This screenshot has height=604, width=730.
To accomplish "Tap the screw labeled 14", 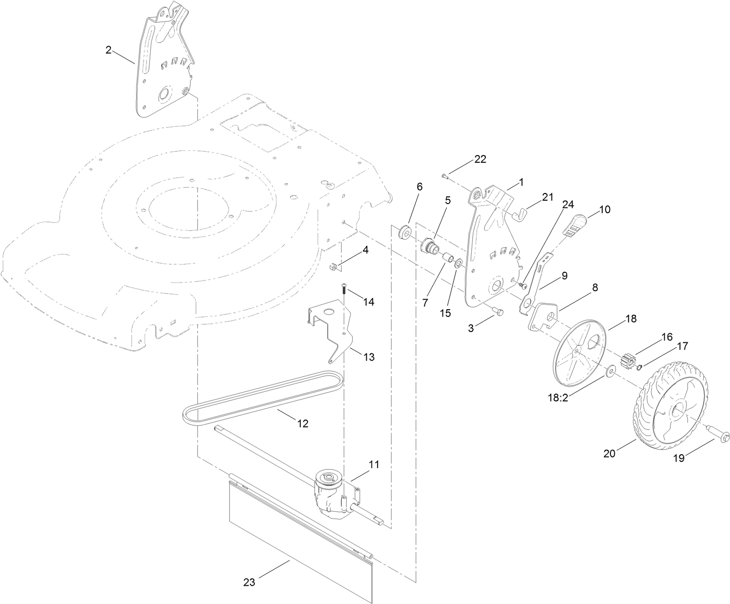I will (344, 288).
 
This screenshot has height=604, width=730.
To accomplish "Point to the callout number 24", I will (568, 205).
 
